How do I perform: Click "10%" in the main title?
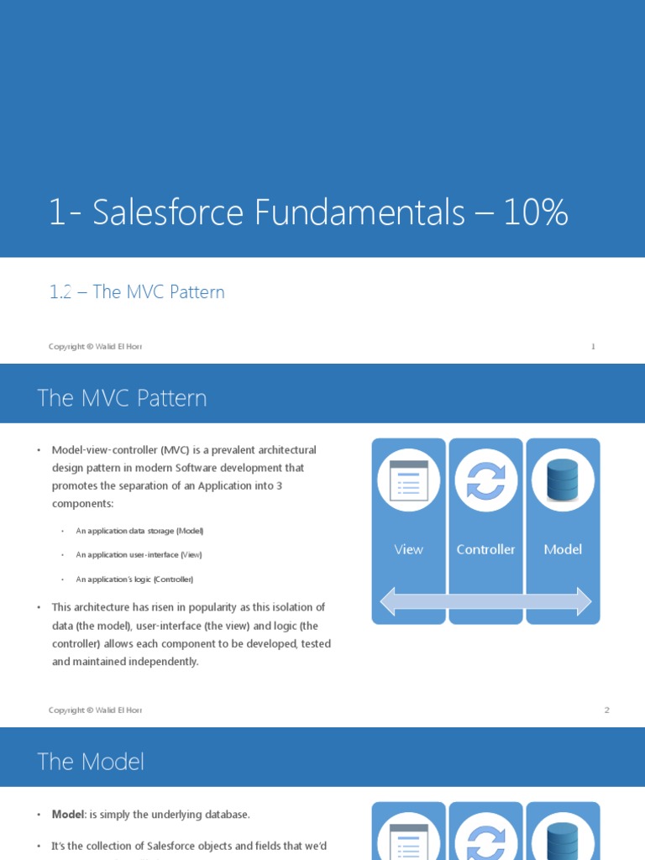(x=536, y=213)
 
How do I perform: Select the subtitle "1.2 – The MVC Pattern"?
(x=137, y=292)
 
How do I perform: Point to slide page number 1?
(x=593, y=346)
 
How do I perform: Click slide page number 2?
(x=606, y=710)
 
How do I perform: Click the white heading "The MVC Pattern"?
(x=122, y=398)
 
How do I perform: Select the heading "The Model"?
(x=91, y=762)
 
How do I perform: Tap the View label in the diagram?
(x=408, y=549)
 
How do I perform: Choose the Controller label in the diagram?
(x=485, y=549)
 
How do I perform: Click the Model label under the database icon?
(x=563, y=549)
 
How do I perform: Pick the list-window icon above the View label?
(x=408, y=480)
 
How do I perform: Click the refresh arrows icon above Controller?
(x=485, y=480)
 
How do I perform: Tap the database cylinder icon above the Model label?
(x=563, y=480)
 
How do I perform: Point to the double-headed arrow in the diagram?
(x=485, y=601)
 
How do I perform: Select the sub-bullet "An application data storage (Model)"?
(x=139, y=531)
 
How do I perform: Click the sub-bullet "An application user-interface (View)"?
(x=139, y=555)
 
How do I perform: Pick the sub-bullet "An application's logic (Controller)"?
(x=134, y=579)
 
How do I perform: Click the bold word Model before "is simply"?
(x=68, y=815)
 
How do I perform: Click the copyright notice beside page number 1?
(x=95, y=346)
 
